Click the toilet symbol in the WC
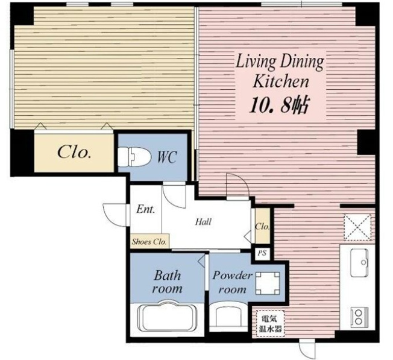(134, 157)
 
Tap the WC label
(167, 157)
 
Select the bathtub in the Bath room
(168, 317)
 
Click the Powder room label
(232, 283)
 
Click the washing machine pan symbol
(268, 283)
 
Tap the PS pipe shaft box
(262, 253)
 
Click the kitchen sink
(359, 263)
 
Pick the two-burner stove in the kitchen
(359, 317)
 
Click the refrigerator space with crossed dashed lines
(357, 227)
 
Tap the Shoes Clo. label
(149, 242)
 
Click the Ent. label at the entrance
(146, 209)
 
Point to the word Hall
(203, 222)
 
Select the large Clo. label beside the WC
(74, 152)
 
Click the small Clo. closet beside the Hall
(262, 226)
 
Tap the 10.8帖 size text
(278, 105)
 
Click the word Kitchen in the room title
(281, 82)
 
